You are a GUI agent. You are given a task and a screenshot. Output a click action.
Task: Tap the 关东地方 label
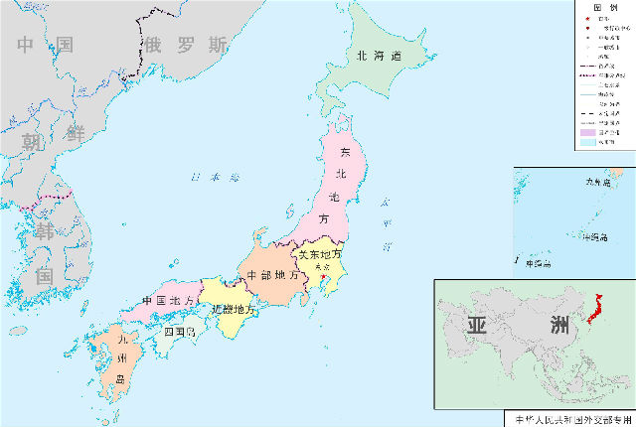click(320, 254)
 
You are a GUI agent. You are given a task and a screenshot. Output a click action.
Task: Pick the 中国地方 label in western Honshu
click(167, 301)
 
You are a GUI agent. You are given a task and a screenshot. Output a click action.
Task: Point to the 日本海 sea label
click(216, 178)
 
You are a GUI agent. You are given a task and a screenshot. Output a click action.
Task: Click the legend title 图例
click(605, 7)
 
